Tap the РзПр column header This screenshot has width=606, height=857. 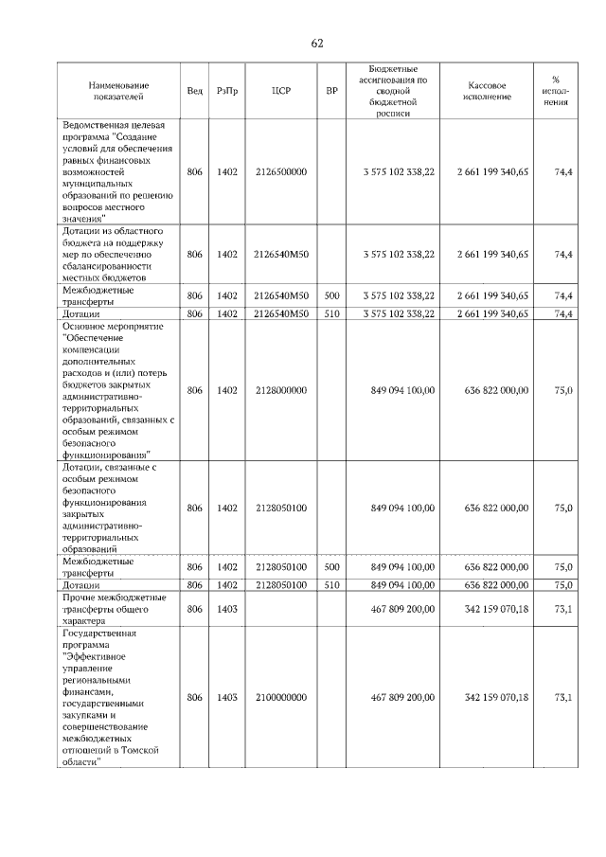(x=226, y=91)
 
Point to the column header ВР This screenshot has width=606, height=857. (x=331, y=91)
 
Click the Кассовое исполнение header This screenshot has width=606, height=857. (x=488, y=91)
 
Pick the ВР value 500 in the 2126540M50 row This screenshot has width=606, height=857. (x=331, y=295)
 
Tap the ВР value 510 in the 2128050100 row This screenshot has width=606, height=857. (x=331, y=585)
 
